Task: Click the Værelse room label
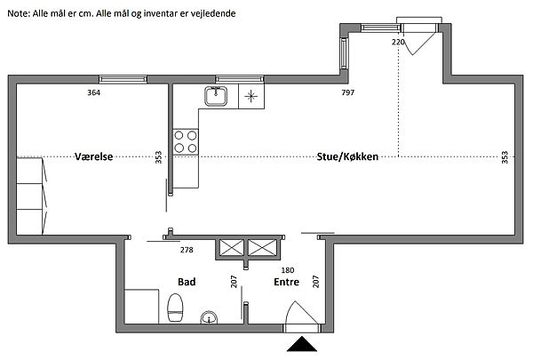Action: [94, 156]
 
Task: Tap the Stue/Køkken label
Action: [347, 156]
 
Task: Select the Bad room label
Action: [187, 282]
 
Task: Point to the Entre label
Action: [287, 282]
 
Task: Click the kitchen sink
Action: [216, 96]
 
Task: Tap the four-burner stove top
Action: [186, 142]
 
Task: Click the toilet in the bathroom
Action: [175, 308]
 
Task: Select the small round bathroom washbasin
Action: [209, 317]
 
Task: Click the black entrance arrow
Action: [302, 344]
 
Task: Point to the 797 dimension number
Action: [347, 92]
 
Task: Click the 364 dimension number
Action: [94, 92]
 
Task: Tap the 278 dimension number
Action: [187, 250]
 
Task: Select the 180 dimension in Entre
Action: [288, 270]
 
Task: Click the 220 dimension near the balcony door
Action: [398, 42]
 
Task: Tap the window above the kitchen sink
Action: [240, 80]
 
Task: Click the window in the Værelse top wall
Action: [123, 80]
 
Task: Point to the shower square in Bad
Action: [142, 307]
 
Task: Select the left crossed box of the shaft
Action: [232, 247]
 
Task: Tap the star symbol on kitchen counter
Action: [251, 96]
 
